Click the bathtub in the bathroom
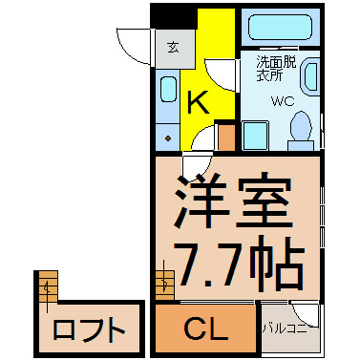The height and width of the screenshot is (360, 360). [280, 27]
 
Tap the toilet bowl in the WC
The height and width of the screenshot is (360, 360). [301, 126]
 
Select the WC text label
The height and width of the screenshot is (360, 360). [283, 101]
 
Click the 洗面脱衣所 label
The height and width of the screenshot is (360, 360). [276, 69]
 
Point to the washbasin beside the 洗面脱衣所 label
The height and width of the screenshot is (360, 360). [311, 76]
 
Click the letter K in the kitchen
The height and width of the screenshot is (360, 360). [199, 102]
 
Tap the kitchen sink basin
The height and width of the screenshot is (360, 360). [168, 89]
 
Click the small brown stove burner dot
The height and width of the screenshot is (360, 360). [168, 138]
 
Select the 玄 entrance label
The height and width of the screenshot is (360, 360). [173, 48]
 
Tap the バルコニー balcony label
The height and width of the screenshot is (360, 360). [285, 328]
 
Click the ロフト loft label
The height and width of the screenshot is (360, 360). [89, 329]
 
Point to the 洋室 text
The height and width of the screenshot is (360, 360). [233, 201]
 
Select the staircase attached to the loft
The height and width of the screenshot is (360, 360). [48, 286]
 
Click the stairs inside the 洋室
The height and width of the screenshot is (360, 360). [165, 285]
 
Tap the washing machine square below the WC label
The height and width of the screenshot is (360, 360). [256, 136]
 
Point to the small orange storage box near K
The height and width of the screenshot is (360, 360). [227, 138]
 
